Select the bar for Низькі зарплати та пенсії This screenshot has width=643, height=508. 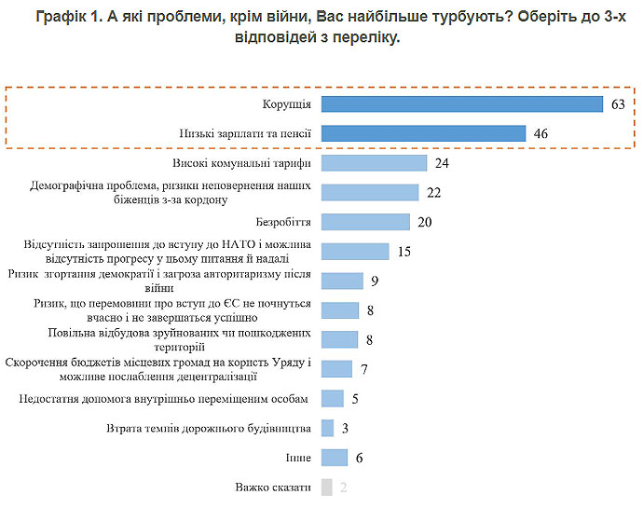tap(424, 133)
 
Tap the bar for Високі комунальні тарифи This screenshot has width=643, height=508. tap(374, 163)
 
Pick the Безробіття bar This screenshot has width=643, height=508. tap(365, 222)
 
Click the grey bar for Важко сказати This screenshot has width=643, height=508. tap(326, 487)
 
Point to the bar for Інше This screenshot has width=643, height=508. tap(334, 458)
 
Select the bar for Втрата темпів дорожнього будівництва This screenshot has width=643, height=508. tap(327, 428)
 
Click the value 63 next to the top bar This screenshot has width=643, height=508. tap(618, 104)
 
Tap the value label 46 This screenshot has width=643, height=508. tap(540, 134)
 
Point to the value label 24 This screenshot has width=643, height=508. tap(442, 163)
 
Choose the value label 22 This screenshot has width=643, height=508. tap(433, 193)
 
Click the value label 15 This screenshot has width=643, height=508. tap(404, 252)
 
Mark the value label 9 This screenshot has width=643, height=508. tap(374, 281)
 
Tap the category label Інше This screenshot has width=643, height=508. tap(298, 458)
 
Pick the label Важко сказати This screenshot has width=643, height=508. tap(274, 487)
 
